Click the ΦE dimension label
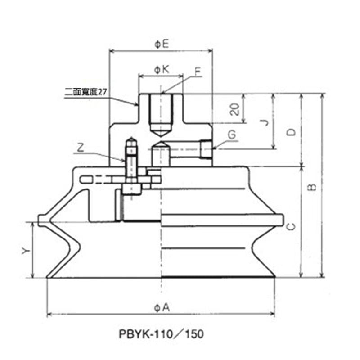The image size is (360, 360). tap(161, 44)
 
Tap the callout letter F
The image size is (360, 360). tap(198, 72)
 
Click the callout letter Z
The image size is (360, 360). tap(80, 147)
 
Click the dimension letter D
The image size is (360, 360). tap(291, 131)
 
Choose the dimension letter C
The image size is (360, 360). tap(291, 226)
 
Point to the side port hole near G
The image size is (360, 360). tap(206, 150)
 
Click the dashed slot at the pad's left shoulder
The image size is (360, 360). tap(86, 180)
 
